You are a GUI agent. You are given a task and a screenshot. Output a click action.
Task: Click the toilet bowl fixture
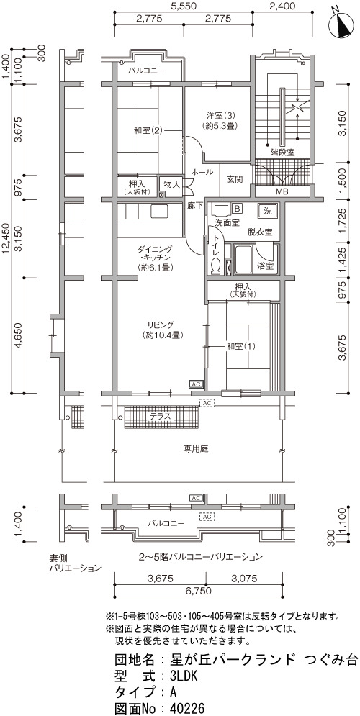[215, 266]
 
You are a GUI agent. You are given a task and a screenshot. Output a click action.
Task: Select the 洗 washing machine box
[267, 212]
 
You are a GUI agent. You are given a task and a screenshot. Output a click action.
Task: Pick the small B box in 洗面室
[237, 208]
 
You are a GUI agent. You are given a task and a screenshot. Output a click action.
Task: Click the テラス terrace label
[161, 417]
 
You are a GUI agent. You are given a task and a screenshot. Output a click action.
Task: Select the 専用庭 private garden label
[197, 449]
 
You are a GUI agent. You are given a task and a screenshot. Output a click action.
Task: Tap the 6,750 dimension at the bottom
[198, 591]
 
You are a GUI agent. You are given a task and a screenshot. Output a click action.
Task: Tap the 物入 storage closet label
[171, 184]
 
